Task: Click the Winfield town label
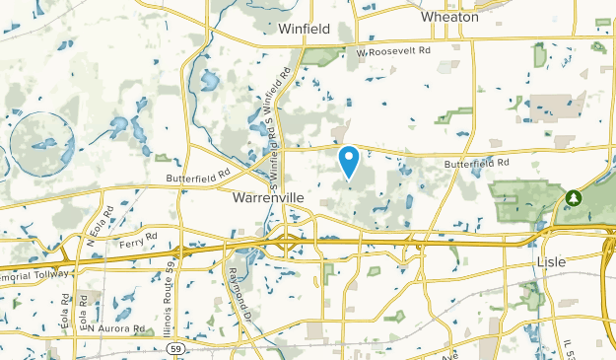tap(304, 29)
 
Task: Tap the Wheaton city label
tap(448, 17)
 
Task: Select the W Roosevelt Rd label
tap(394, 51)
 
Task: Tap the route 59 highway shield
tap(175, 348)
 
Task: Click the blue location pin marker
tap(348, 160)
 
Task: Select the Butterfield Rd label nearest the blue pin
tap(476, 163)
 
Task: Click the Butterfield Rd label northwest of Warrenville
tap(197, 174)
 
